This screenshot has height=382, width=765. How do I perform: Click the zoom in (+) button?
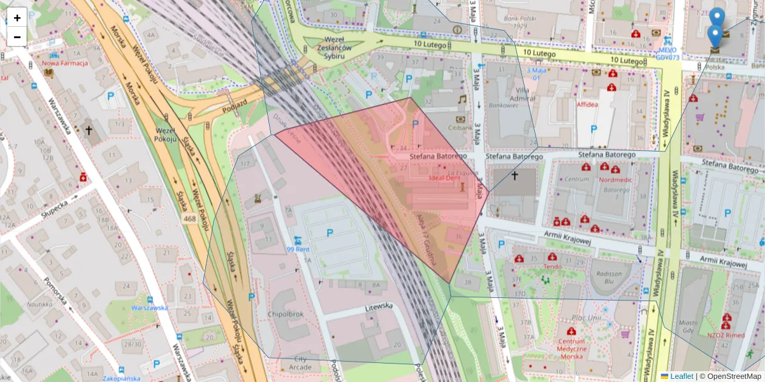17,18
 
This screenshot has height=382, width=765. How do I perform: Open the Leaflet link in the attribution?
681,376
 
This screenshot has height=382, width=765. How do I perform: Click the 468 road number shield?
190,218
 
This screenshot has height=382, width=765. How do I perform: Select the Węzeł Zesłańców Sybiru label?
325,52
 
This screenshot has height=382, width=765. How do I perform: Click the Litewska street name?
379,306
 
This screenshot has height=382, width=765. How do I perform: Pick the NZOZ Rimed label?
726,335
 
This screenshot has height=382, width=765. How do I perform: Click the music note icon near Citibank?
462,99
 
